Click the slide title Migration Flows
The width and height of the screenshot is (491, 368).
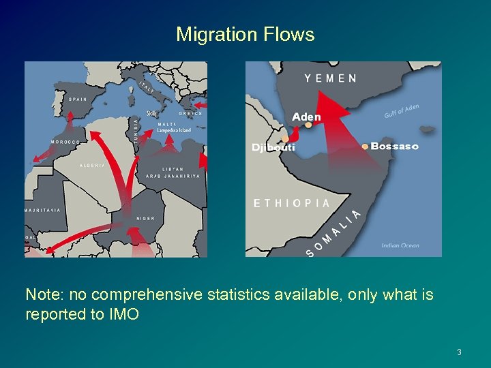[245, 34]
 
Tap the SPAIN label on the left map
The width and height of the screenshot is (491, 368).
[78, 99]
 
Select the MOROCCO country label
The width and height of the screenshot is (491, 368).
[65, 142]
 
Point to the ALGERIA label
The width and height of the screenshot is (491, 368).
[93, 166]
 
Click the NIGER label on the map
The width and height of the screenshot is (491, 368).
[145, 218]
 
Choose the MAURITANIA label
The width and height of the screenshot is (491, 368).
[42, 210]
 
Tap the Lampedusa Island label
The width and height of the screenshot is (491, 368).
[174, 130]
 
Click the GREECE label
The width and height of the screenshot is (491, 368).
[190, 114]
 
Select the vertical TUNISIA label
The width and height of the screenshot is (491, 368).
[136, 127]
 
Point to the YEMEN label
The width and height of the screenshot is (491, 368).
[330, 78]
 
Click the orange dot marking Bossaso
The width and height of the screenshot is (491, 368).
[365, 147]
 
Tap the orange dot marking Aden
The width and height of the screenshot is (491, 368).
[308, 125]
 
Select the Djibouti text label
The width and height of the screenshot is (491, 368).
[273, 147]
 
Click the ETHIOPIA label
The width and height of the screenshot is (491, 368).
[291, 203]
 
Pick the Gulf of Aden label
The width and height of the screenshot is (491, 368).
[402, 110]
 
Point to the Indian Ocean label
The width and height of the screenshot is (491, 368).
[400, 245]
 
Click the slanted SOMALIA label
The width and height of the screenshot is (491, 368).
[333, 235]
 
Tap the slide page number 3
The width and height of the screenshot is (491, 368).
[459, 352]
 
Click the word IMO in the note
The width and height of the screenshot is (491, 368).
[125, 314]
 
